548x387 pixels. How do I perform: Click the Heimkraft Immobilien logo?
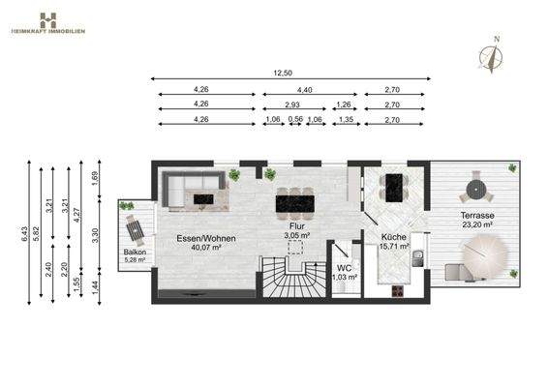(48, 22)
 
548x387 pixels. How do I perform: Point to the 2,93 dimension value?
(290, 104)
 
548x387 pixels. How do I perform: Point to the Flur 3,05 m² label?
(296, 231)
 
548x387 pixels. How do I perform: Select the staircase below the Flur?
(287, 282)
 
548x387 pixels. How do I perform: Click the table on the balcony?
(134, 230)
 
